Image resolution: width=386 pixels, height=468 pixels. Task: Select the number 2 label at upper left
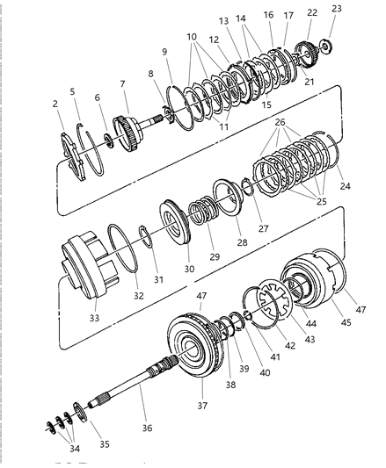pyautogui.click(x=55, y=104)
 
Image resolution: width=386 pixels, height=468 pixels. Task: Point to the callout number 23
pyautogui.click(x=337, y=8)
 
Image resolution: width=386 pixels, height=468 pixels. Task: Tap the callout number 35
pyautogui.click(x=106, y=445)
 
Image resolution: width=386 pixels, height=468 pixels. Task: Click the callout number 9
pyautogui.click(x=164, y=52)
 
